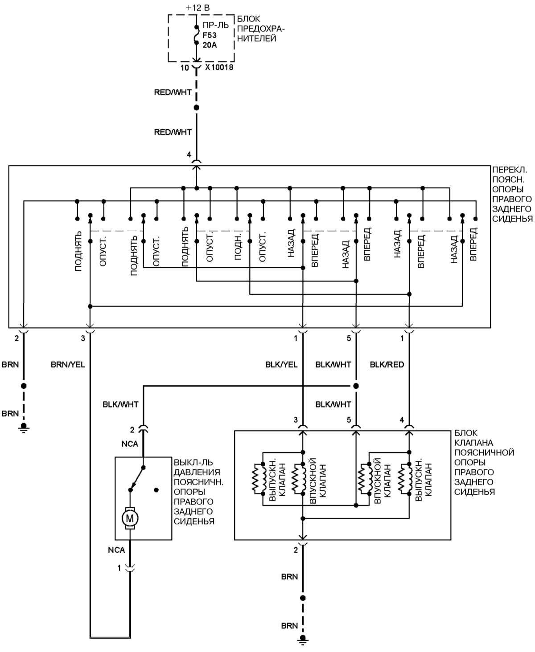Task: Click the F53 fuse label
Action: point(209,35)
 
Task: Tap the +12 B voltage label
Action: point(197,7)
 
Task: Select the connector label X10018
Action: point(219,68)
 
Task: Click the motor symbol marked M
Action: point(130,518)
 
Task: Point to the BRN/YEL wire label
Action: point(68,364)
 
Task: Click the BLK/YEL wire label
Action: point(281,364)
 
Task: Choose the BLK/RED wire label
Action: point(387,364)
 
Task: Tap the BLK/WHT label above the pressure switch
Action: point(120,404)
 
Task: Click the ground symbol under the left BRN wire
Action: point(24,429)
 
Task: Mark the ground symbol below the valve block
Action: point(303,641)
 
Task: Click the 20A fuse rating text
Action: point(209,45)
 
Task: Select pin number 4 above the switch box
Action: point(189,155)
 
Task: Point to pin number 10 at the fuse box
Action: point(185,68)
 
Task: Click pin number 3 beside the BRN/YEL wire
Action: point(83,338)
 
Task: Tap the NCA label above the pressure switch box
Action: point(130,444)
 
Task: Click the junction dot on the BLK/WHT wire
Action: point(356,386)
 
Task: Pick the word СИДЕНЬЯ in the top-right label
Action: point(512,219)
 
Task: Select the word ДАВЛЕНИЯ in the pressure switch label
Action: point(197,472)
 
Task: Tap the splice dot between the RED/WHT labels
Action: point(196,108)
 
